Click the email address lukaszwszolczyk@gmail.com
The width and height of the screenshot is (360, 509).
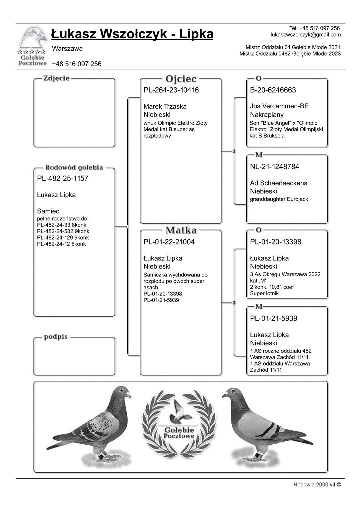pos(305,35)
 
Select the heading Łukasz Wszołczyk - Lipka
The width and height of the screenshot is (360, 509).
pos(132,34)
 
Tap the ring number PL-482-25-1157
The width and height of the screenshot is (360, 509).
pos(63,179)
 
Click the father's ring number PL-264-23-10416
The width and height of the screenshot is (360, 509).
pos(171,90)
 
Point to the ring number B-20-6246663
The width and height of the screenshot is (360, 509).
pos(273,90)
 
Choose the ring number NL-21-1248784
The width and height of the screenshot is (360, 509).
pos(274,167)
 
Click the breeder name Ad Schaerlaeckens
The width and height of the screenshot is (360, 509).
pos(278,183)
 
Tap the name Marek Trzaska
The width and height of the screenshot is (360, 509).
pos(165,107)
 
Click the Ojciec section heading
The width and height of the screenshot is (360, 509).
pos(181,79)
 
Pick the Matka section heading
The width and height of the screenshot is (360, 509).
pos(181,230)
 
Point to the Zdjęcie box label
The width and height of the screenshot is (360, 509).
pos(56,78)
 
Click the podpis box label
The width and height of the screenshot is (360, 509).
pos(56,337)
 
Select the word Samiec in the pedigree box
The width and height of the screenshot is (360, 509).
pos(48,211)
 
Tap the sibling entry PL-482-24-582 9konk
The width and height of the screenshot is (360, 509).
pos(63,231)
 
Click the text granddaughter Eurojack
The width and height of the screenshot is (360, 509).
pos(279,199)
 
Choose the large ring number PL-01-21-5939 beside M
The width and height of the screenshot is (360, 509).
pos(273,318)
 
